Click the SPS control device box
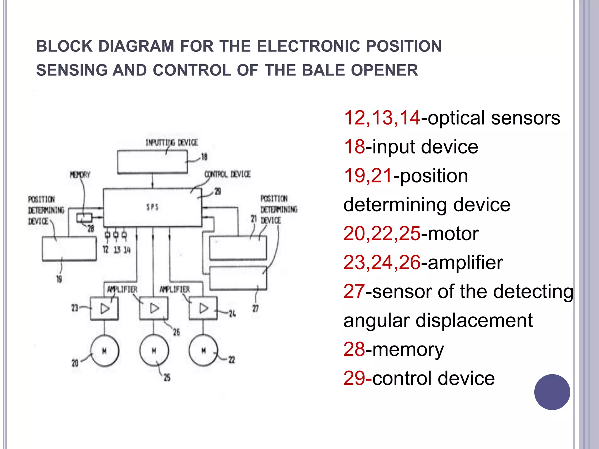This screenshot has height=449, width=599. [x=152, y=208]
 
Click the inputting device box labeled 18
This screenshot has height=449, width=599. [x=152, y=162]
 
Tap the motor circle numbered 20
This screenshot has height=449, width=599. [x=104, y=351]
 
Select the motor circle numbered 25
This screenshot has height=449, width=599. [x=154, y=351]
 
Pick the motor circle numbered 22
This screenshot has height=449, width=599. [x=203, y=351]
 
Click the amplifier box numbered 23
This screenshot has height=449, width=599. [x=104, y=308]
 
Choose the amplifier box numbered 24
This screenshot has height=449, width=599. [x=203, y=308]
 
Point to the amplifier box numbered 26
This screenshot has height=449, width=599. [x=154, y=308]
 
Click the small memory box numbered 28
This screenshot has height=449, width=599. [x=84, y=218]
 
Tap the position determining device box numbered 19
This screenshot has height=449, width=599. [x=69, y=248]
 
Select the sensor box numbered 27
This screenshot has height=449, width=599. [x=238, y=278]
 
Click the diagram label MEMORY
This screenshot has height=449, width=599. [x=80, y=175]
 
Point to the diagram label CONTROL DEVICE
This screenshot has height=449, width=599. [x=228, y=174]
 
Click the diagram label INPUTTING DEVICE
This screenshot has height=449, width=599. [x=172, y=142]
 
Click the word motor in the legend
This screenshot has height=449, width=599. [x=453, y=234]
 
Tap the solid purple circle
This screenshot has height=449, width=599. [x=552, y=392]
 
